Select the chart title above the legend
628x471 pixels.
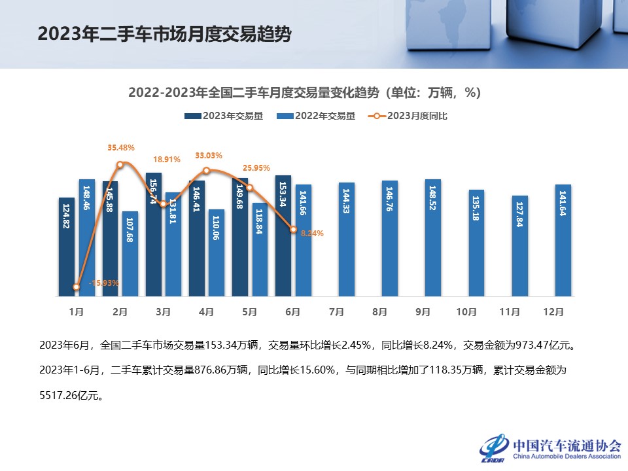(x=305, y=92)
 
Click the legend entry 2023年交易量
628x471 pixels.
(x=224, y=116)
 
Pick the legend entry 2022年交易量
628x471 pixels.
(x=316, y=116)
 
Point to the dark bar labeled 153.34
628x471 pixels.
(x=283, y=235)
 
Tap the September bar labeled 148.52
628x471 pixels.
(x=433, y=238)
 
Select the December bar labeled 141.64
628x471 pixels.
(x=563, y=240)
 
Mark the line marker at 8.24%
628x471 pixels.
(x=294, y=230)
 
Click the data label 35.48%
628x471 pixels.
(x=121, y=148)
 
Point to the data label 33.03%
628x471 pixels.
(x=209, y=156)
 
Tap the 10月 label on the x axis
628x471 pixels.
(x=466, y=313)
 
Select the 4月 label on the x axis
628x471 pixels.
(x=206, y=313)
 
